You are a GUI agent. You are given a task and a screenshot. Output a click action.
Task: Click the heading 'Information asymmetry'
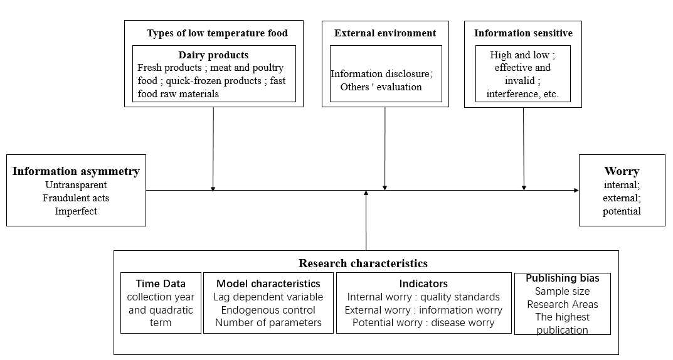point(76,171)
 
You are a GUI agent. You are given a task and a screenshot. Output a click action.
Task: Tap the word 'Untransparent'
point(76,185)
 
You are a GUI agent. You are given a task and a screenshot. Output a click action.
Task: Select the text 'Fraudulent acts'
point(76,198)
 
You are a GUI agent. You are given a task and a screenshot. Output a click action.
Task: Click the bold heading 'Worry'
point(622,171)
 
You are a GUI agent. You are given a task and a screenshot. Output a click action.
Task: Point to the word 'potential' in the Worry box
point(622,211)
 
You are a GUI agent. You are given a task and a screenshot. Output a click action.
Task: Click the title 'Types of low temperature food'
point(217,33)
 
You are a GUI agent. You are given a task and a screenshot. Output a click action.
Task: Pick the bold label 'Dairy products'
point(213,55)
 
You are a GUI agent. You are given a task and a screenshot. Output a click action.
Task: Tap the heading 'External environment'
point(385,33)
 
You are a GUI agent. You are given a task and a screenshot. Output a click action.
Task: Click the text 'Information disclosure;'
point(381,74)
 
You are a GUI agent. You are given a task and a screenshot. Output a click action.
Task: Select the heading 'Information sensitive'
point(523,33)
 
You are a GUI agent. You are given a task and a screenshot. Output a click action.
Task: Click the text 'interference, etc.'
point(522,94)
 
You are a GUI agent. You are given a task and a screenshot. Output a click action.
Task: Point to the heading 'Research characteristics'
point(363,263)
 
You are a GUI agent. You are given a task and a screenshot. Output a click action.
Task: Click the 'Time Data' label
point(161,283)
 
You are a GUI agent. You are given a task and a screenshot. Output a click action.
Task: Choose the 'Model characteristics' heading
point(268,283)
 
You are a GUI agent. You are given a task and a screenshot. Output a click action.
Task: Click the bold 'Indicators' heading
point(423,283)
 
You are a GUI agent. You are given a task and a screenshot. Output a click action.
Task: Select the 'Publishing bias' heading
point(563,278)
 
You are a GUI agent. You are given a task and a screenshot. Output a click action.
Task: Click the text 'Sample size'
point(562,292)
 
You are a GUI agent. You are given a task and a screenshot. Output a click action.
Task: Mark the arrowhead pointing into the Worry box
point(576,191)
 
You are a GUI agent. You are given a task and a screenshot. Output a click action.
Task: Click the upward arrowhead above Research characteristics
point(366,193)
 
